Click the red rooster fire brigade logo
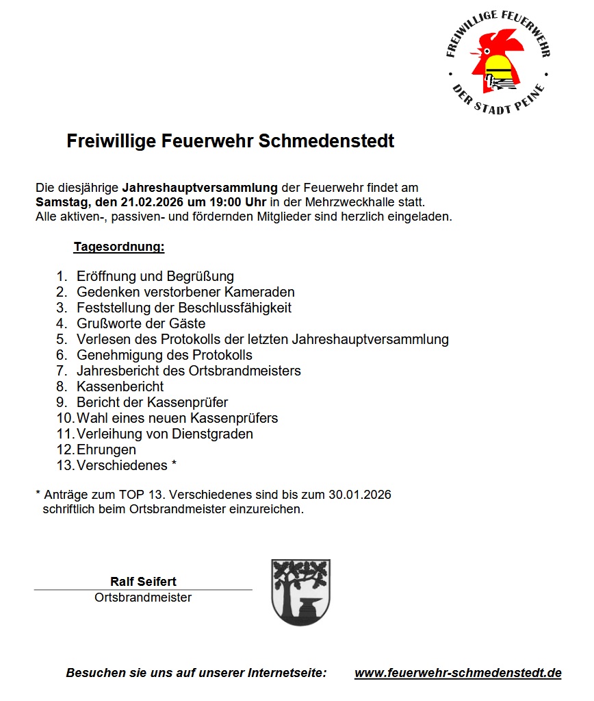click(x=498, y=61)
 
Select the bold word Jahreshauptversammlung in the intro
click(x=201, y=187)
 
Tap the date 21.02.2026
click(x=146, y=202)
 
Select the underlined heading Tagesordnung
click(x=119, y=246)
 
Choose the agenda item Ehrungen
click(x=107, y=450)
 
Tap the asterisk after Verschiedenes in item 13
click(x=175, y=464)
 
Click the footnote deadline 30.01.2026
click(x=362, y=495)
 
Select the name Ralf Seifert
click(x=143, y=582)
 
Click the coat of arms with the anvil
click(x=300, y=591)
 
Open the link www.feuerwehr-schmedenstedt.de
click(x=458, y=673)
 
